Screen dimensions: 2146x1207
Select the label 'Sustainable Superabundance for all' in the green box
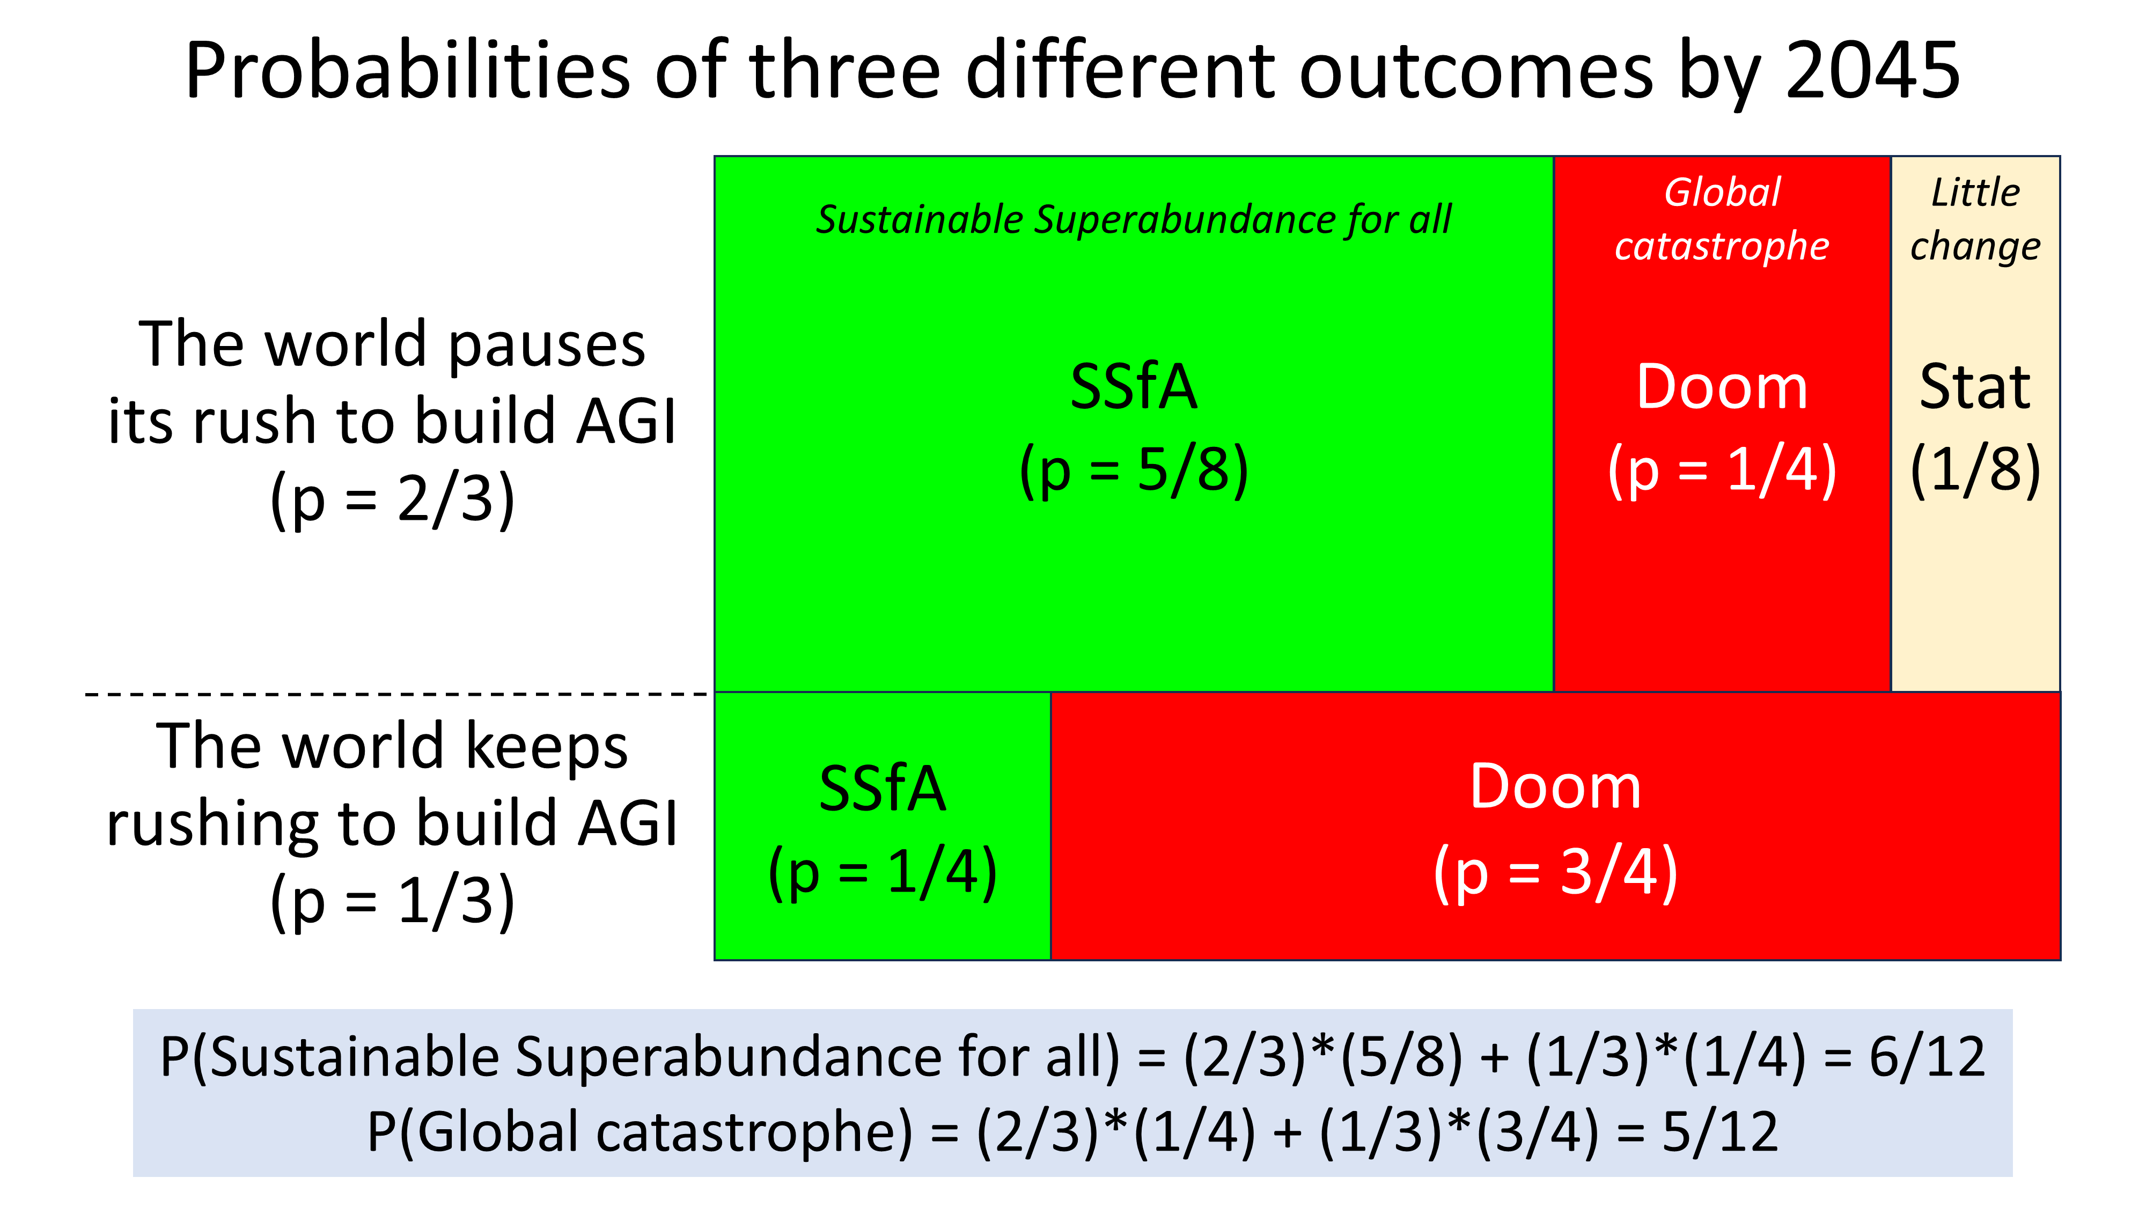pyautogui.click(x=1134, y=220)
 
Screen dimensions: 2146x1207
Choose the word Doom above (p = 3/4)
pyautogui.click(x=1555, y=786)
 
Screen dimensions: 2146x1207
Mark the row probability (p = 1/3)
pyautogui.click(x=392, y=901)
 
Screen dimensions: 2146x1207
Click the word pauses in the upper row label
pyautogui.click(x=547, y=345)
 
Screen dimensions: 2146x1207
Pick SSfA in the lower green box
pyautogui.click(x=882, y=788)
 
